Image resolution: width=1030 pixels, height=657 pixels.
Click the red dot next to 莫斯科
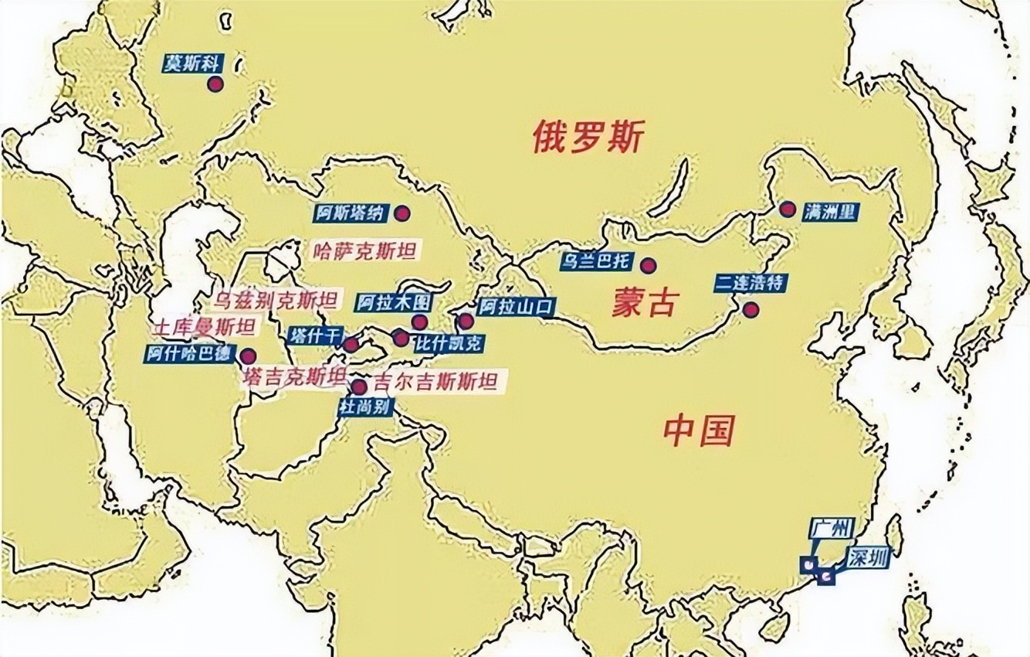click(215, 84)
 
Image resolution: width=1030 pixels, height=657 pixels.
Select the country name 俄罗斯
click(588, 137)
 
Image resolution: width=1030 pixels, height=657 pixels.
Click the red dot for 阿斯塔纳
click(401, 213)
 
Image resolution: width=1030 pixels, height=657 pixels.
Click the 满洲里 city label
click(828, 211)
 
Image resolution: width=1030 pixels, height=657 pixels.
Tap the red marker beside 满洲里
click(787, 209)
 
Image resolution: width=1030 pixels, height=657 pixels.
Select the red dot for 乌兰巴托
click(648, 265)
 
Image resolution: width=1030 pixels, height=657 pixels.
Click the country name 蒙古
click(644, 303)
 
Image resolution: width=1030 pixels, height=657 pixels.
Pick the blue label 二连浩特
click(749, 282)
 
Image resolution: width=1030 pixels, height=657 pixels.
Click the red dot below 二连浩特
click(750, 310)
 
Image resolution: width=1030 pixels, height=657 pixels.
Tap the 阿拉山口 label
click(515, 307)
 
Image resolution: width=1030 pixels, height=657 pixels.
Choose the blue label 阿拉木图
click(393, 302)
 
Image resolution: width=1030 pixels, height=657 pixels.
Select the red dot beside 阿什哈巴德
click(248, 356)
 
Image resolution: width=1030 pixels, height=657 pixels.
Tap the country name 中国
click(699, 431)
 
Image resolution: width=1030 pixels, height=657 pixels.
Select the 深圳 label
click(866, 557)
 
